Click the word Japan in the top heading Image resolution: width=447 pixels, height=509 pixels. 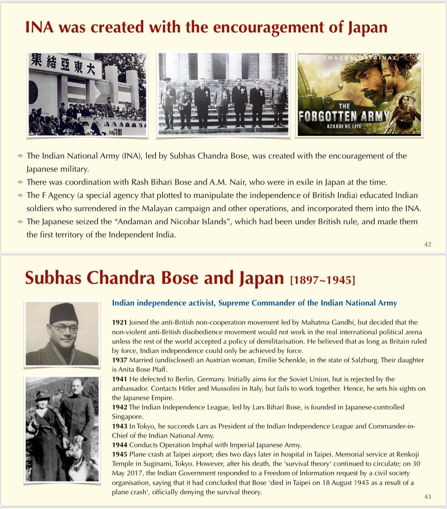(x=368, y=27)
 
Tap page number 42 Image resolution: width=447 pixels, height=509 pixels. (x=427, y=244)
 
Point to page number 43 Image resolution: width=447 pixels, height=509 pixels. (x=427, y=497)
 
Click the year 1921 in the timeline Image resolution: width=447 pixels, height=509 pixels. (x=120, y=322)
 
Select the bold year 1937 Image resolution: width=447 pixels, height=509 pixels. (x=120, y=360)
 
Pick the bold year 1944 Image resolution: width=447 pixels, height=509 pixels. (x=120, y=445)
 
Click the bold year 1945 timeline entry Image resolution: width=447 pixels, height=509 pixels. (x=120, y=454)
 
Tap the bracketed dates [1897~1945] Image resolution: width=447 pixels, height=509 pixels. (x=323, y=280)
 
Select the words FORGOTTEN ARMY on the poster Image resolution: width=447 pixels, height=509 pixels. (x=344, y=116)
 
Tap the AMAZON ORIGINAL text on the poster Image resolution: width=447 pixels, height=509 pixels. (x=359, y=57)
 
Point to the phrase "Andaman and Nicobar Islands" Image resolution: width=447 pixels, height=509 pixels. (x=170, y=222)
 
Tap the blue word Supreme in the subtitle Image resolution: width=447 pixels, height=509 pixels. (x=234, y=303)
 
